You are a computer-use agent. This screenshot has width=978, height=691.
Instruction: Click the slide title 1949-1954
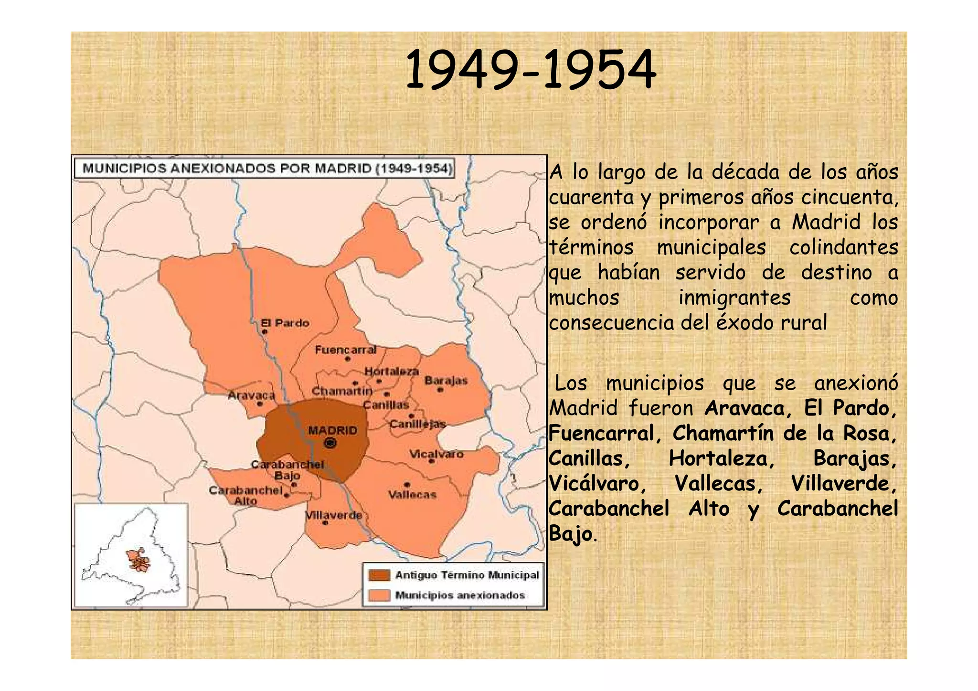(x=531, y=70)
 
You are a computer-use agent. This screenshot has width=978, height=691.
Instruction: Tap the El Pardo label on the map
(x=285, y=323)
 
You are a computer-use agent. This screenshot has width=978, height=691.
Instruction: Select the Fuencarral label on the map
(x=345, y=350)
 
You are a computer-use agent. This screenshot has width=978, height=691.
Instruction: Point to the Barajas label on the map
(x=446, y=381)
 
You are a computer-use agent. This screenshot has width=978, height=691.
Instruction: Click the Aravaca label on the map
(x=251, y=395)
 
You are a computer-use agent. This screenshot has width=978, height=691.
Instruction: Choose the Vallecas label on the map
(x=412, y=495)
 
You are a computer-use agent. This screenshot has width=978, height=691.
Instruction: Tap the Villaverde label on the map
(x=334, y=515)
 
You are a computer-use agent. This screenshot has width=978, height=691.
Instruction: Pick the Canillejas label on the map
(x=417, y=424)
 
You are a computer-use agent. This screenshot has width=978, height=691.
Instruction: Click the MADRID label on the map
(x=332, y=430)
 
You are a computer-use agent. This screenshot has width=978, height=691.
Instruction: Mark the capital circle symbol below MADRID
(x=330, y=443)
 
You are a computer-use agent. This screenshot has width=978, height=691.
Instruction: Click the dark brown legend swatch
(x=379, y=575)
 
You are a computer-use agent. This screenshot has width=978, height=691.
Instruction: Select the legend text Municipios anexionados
(x=460, y=595)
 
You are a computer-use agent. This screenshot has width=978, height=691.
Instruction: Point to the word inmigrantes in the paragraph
(x=734, y=298)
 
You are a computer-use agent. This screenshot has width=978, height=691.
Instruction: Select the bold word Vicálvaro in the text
(x=597, y=484)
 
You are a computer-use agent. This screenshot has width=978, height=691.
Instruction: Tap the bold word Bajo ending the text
(x=571, y=533)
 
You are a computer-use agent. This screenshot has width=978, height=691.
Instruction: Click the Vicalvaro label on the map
(x=436, y=454)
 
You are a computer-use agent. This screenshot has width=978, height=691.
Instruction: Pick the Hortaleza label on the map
(x=392, y=372)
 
